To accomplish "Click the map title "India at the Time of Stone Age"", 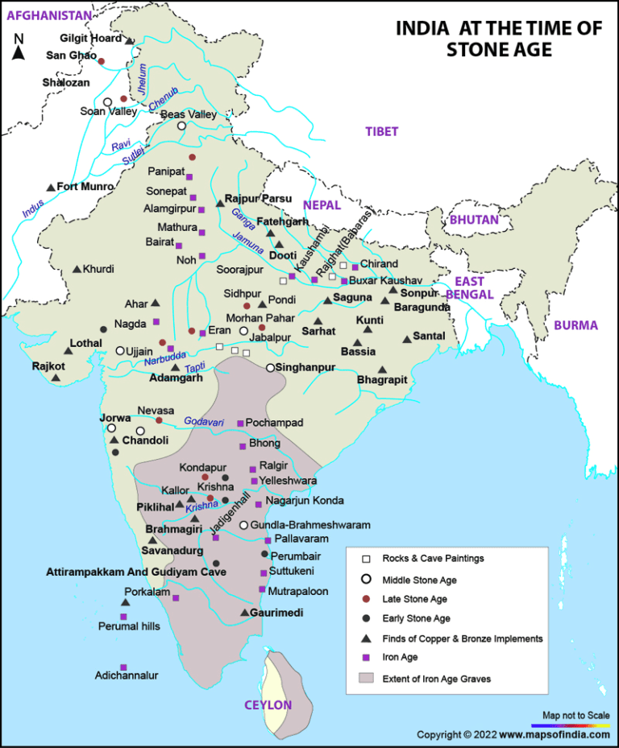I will click(498, 39).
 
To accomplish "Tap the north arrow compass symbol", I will click(19, 49).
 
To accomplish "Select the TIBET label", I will click(381, 131).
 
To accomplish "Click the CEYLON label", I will click(268, 705).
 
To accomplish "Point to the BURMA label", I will click(575, 325).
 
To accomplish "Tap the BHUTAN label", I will click(475, 219).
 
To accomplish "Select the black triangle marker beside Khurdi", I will click(77, 269).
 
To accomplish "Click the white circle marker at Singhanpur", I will click(271, 367).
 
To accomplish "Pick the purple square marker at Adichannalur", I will click(123, 667).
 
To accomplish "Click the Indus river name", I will click(33, 208).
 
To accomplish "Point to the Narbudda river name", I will click(164, 357).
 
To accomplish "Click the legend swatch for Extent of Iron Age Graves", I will click(367, 678).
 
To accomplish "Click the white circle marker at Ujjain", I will click(120, 351).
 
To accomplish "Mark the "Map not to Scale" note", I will click(575, 715).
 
